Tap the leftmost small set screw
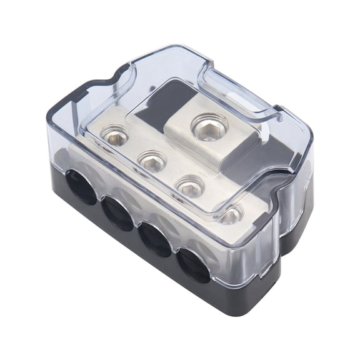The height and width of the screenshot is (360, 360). [114, 133]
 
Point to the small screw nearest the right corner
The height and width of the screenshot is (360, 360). [231, 215]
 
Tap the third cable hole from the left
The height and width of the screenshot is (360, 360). [154, 238]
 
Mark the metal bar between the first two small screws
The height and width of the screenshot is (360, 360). [132, 147]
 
